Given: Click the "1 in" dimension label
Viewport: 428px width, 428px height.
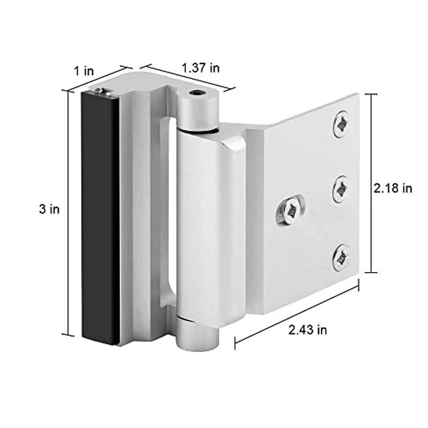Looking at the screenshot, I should coord(84,70).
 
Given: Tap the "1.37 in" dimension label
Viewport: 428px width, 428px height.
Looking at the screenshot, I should coord(201,68).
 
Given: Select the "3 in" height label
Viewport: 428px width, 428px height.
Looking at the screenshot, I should coord(49,209).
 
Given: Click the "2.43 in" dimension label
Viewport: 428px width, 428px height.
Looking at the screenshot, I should coord(307,330).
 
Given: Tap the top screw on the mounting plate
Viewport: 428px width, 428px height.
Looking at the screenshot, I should coord(341,125).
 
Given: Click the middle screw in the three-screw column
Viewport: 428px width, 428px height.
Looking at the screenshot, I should coord(341,189).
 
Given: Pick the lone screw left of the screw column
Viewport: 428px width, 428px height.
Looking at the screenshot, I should coord(291,210).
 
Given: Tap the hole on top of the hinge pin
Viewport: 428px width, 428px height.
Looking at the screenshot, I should coord(196,95).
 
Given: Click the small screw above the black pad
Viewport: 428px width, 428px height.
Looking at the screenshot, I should coord(101,91).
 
